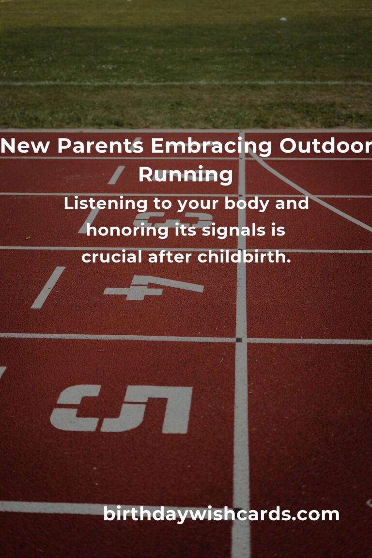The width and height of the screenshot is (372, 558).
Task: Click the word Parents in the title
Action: point(100,145)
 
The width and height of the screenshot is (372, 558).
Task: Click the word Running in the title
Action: point(186,175)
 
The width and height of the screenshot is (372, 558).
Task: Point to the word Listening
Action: point(106,204)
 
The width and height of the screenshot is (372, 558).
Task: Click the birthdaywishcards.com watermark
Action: point(221,514)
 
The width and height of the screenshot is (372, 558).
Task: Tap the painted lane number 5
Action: point(122,408)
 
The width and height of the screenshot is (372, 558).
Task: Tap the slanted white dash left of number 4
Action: point(48,287)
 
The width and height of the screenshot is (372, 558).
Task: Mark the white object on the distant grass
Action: point(283,19)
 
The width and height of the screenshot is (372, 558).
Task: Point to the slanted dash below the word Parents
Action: point(116,175)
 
